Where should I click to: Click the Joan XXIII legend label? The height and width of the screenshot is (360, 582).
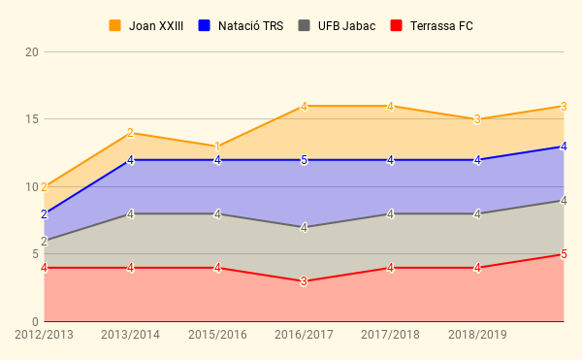(x=156, y=26)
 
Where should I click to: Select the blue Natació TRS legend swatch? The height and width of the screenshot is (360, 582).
(x=204, y=25)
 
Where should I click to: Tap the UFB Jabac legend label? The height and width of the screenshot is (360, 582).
(x=346, y=26)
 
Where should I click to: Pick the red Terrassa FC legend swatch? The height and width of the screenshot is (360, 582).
(x=397, y=25)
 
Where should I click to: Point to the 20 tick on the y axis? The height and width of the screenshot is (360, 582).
(x=32, y=52)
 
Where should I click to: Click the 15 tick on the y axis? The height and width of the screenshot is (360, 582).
(x=32, y=119)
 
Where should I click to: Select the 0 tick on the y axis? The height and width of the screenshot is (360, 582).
(x=35, y=321)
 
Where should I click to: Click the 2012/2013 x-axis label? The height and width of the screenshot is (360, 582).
(x=44, y=335)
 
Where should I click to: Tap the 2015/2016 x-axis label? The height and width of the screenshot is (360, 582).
(x=217, y=335)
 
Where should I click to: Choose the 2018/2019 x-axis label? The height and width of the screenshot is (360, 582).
(x=477, y=335)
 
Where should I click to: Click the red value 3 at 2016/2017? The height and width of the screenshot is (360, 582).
(x=304, y=281)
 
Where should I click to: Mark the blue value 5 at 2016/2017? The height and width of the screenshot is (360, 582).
(x=304, y=160)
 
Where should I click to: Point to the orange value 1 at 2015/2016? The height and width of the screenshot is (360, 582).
(x=217, y=147)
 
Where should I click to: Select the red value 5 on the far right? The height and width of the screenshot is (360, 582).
(x=564, y=254)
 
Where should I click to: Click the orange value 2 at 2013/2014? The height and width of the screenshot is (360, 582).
(x=130, y=133)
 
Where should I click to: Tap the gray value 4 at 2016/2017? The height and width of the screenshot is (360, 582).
(x=304, y=228)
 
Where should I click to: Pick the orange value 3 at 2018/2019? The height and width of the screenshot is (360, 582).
(x=477, y=120)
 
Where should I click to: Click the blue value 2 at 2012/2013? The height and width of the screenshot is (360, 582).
(x=45, y=214)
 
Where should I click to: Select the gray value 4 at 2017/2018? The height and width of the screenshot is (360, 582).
(x=390, y=214)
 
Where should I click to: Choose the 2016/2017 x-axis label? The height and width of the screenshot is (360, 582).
(x=304, y=335)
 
